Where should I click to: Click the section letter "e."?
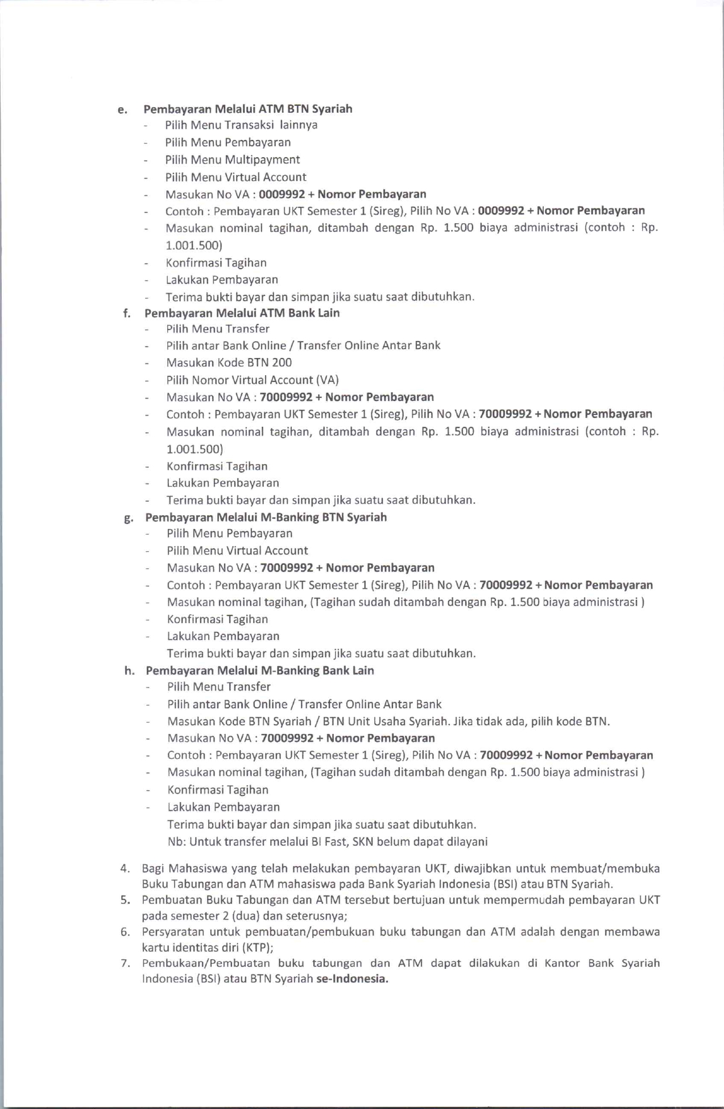pyautogui.click(x=122, y=110)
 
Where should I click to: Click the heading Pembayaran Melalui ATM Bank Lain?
pyautogui.click(x=242, y=313)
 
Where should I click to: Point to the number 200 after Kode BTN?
pyautogui.click(x=282, y=363)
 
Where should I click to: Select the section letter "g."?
pyautogui.click(x=129, y=518)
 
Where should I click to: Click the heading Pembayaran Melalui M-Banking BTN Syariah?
pyautogui.click(x=266, y=517)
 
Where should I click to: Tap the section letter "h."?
pyautogui.click(x=130, y=671)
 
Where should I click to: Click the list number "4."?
pyautogui.click(x=126, y=869)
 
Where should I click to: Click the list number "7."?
pyautogui.click(x=126, y=963)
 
